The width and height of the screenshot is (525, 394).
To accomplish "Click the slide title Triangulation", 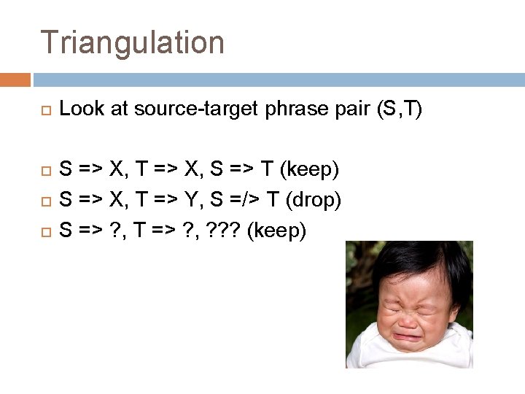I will (132, 42).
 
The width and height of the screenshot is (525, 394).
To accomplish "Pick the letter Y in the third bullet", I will (209, 200).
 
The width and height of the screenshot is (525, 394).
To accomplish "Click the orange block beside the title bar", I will (15, 80).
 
